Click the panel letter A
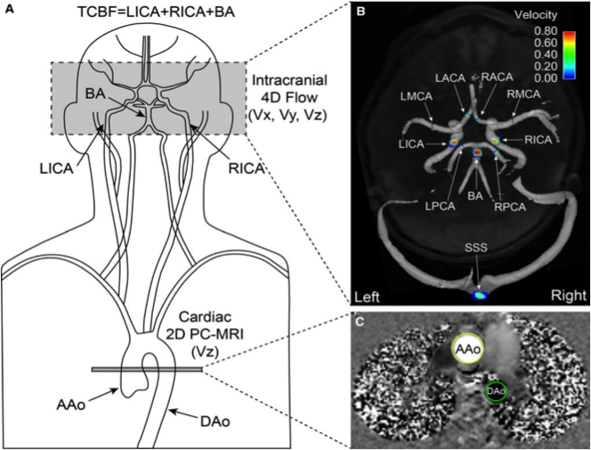click(9, 11)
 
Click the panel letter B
click(360, 12)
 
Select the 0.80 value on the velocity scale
click(546, 30)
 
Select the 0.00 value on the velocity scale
click(546, 78)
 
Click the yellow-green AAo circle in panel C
click(471, 352)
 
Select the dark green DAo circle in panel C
click(496, 390)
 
